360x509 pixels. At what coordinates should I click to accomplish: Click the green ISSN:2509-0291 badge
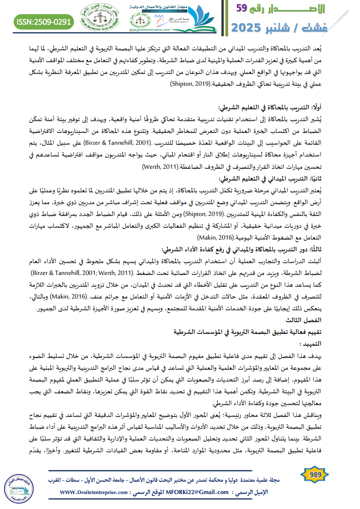(44, 21)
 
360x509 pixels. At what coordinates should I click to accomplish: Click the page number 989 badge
(315, 475)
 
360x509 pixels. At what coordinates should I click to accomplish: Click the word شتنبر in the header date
(293, 28)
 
